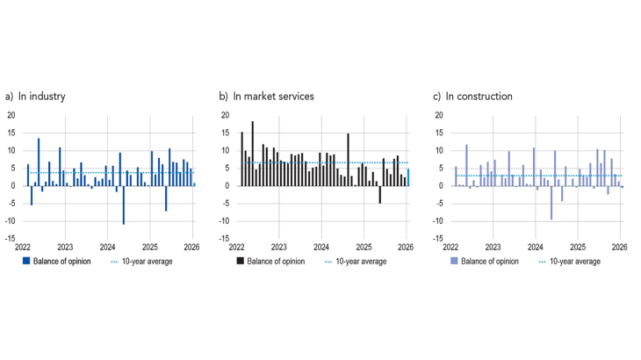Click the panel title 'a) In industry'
coord(36,96)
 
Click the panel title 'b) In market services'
coord(267,96)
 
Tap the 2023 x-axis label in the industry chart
coord(65,248)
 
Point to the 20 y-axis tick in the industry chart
coord(11,115)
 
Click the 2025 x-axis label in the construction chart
coord(577,248)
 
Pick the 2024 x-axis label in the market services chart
coord(320,248)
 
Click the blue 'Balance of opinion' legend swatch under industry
coord(25,261)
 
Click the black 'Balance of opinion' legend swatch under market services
coord(240,261)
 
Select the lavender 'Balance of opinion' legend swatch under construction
coord(453,261)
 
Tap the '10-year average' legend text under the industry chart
coord(147,261)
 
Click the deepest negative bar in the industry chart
coord(123,205)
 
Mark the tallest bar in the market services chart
coord(253,154)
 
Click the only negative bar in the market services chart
coord(379,194)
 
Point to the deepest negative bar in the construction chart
coord(551,202)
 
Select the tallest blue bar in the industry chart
coord(39,162)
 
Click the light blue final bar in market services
coord(407,176)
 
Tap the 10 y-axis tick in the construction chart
coord(437,150)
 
